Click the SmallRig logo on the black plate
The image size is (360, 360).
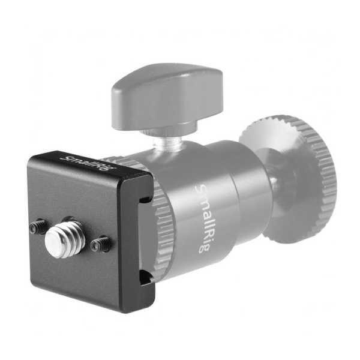(88, 164)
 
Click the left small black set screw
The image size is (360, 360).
(38, 227)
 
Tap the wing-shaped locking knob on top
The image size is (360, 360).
(167, 97)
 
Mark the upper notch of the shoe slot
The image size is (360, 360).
(145, 198)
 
